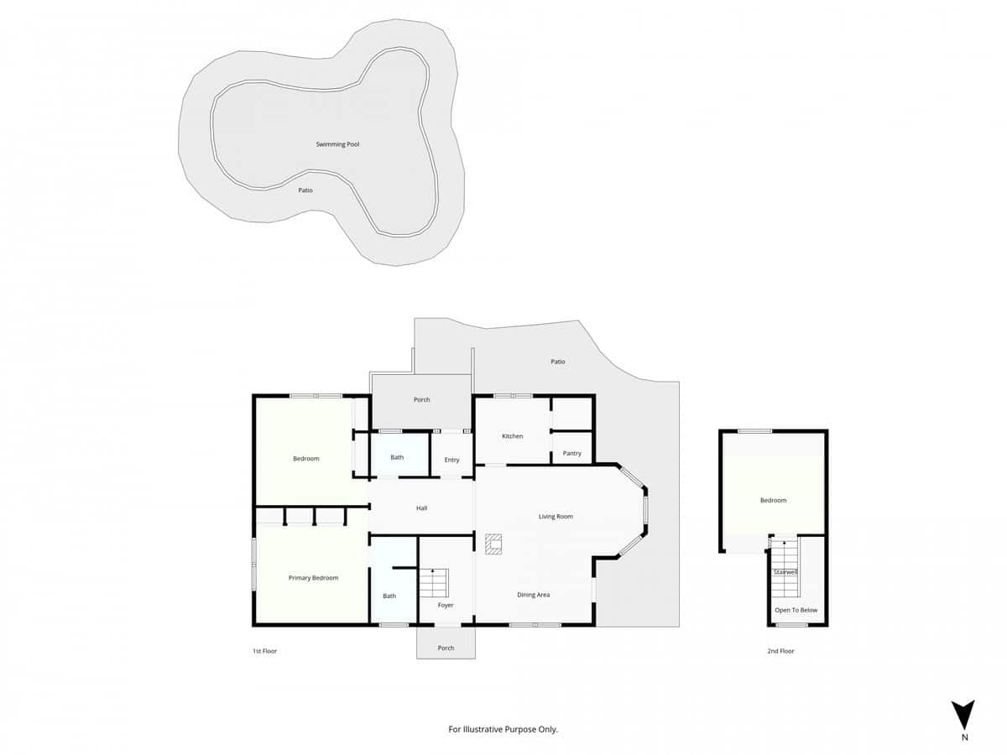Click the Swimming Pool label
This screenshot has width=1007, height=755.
[337, 144]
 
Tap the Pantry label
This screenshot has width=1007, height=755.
[572, 454]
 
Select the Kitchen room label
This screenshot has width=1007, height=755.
[513, 436]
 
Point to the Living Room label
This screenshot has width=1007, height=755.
[556, 517]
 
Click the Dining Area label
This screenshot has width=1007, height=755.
[533, 595]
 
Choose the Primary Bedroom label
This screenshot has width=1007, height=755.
[313, 578]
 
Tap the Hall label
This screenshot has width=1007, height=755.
[423, 508]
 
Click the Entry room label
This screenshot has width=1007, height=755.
[452, 460]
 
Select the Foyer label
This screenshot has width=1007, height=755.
[446, 605]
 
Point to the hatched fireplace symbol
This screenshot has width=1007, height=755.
[493, 544]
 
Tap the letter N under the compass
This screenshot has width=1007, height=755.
[964, 738]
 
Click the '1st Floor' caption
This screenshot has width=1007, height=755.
[264, 651]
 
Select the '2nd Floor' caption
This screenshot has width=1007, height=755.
[780, 651]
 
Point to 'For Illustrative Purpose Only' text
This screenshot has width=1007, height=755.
[503, 730]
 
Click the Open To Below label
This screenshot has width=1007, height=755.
[796, 610]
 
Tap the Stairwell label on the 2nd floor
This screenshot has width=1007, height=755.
[786, 572]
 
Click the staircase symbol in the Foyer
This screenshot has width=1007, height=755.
[435, 581]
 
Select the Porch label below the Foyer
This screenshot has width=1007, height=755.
[446, 648]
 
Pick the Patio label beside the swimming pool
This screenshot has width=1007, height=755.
[305, 190]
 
